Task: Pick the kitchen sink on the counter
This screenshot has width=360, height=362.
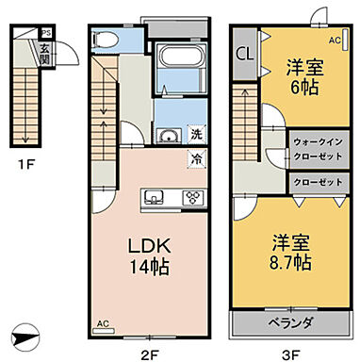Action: click(155, 197)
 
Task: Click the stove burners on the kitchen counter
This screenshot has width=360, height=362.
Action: click(194, 197)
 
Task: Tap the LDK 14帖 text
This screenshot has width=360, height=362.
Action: click(149, 255)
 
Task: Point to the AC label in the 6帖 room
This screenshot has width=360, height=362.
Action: click(335, 41)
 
